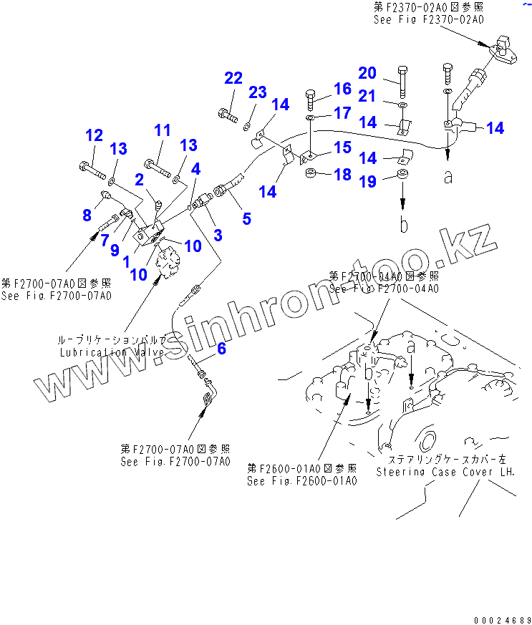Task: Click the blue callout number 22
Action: click(233, 78)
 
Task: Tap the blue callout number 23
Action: click(258, 92)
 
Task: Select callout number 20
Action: click(367, 72)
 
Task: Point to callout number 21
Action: click(367, 96)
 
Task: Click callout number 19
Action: click(367, 182)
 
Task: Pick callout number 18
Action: click(343, 175)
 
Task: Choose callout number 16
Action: click(342, 89)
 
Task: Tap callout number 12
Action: click(94, 135)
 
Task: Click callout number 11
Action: click(163, 130)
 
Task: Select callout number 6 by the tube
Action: click(221, 349)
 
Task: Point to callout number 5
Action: click(246, 218)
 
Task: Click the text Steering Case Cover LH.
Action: click(445, 472)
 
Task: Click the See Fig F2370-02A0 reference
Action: click(427, 21)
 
